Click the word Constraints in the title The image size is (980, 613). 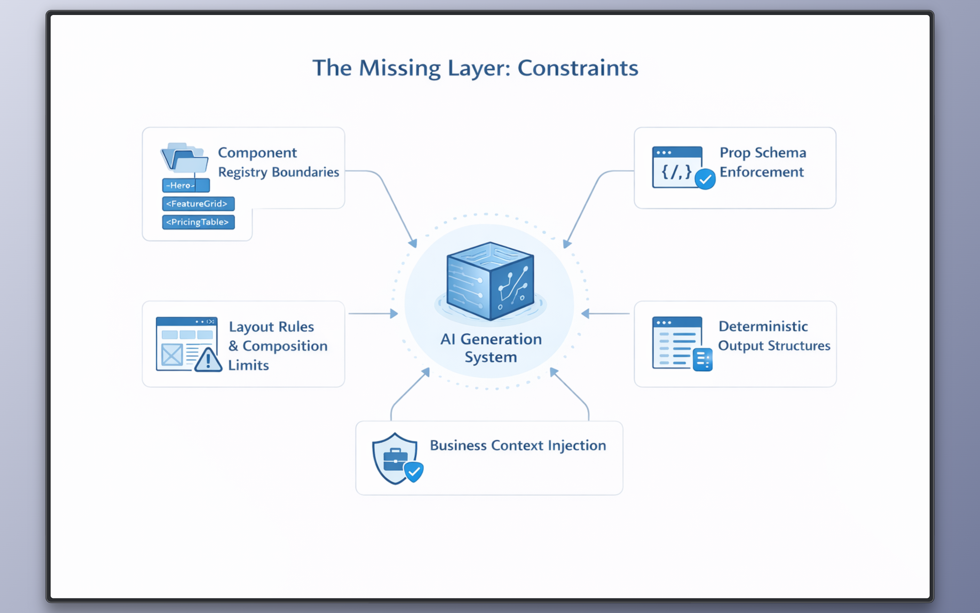pyautogui.click(x=577, y=68)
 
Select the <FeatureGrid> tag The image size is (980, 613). pyautogui.click(x=198, y=204)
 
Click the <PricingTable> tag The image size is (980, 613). pyautogui.click(x=198, y=222)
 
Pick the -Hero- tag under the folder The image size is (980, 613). pyautogui.click(x=185, y=185)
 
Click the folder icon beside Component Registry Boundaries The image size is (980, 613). pyautogui.click(x=185, y=158)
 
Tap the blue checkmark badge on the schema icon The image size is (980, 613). pyautogui.click(x=705, y=179)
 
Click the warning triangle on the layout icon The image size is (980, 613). pyautogui.click(x=208, y=360)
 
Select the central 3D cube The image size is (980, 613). pyautogui.click(x=490, y=281)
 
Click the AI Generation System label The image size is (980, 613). pyautogui.click(x=491, y=348)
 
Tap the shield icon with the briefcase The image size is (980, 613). pyautogui.click(x=394, y=458)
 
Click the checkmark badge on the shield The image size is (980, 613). pyautogui.click(x=413, y=472)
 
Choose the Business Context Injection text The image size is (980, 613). pyautogui.click(x=518, y=445)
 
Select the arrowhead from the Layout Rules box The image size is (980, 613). pyautogui.click(x=394, y=313)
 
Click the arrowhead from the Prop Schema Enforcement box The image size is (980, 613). pyautogui.click(x=567, y=243)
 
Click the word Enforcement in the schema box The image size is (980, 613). pyautogui.click(x=761, y=172)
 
